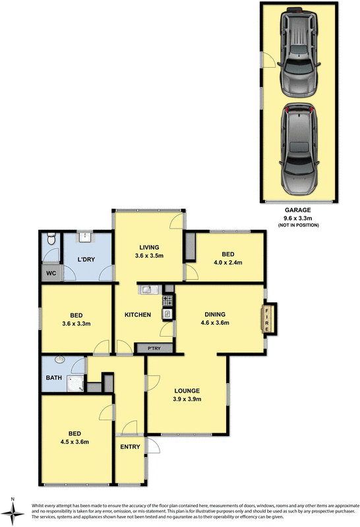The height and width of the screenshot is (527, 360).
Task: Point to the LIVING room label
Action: [x=148, y=247]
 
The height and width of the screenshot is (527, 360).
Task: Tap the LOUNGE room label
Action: [x=186, y=390]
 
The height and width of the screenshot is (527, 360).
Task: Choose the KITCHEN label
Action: [x=138, y=314]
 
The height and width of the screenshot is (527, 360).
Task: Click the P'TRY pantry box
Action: [x=154, y=347]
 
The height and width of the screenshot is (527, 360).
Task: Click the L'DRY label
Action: [x=87, y=259]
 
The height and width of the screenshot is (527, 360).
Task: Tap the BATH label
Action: [x=53, y=378]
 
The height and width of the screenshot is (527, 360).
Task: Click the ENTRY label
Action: [x=130, y=447]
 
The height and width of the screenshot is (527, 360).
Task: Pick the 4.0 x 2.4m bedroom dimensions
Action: [x=227, y=262]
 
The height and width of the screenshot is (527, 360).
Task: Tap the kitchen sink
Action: [x=146, y=289]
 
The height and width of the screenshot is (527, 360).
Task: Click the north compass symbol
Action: [x=13, y=509]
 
